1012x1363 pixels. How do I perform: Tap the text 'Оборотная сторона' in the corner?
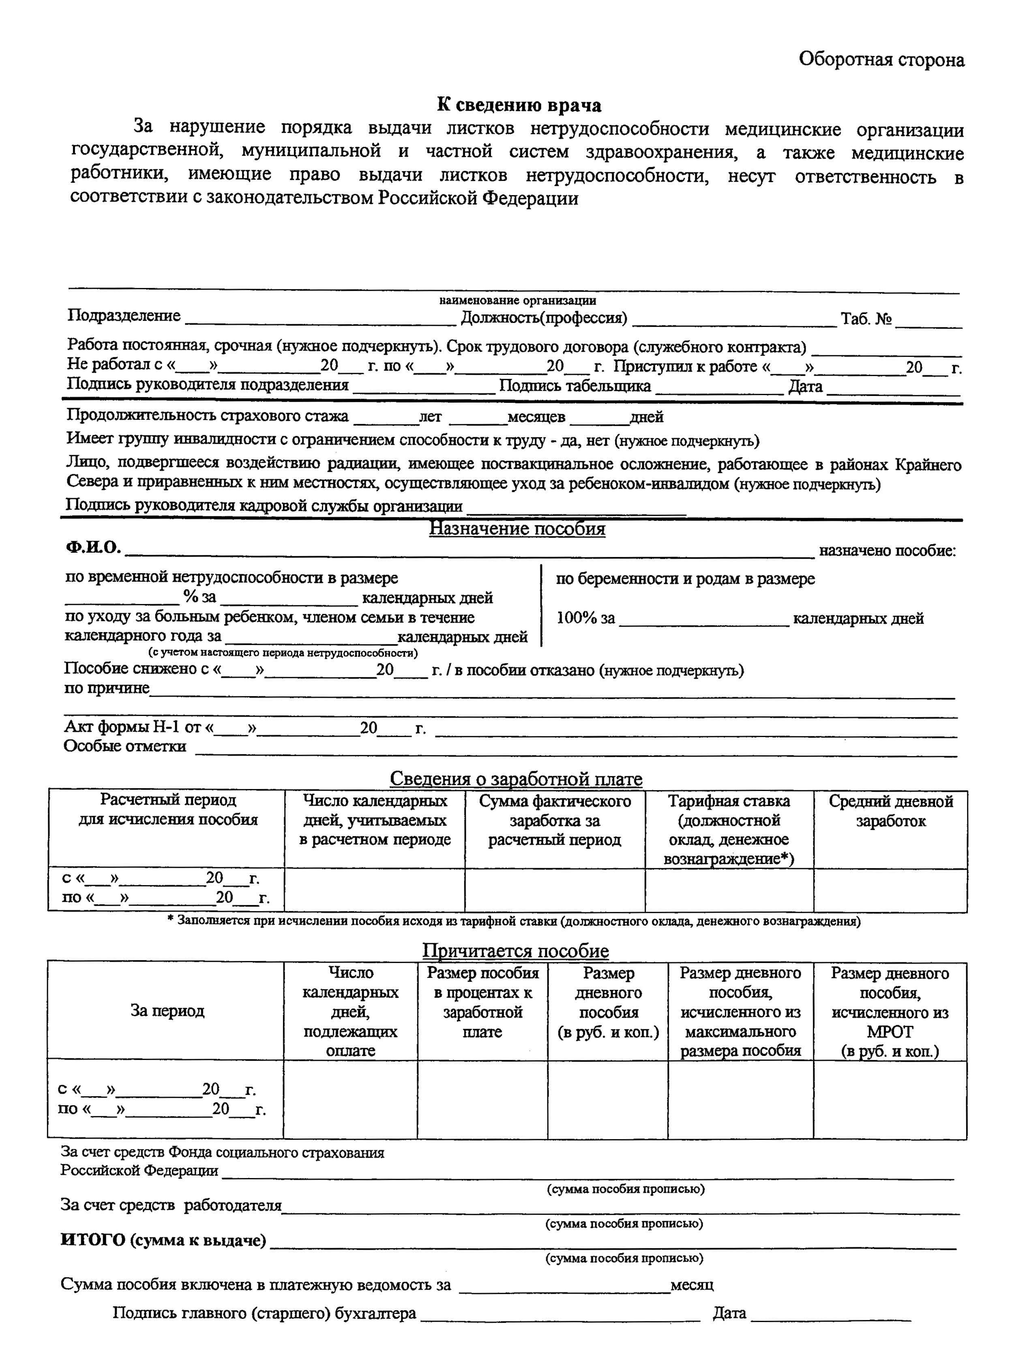[x=881, y=60]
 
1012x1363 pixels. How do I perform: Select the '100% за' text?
[x=585, y=618]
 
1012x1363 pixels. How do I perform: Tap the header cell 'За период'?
[x=167, y=1010]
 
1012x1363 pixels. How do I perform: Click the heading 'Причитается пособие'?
[x=515, y=950]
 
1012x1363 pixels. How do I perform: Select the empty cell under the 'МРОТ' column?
[x=890, y=1099]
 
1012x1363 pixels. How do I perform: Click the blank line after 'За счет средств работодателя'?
[x=620, y=1208]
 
